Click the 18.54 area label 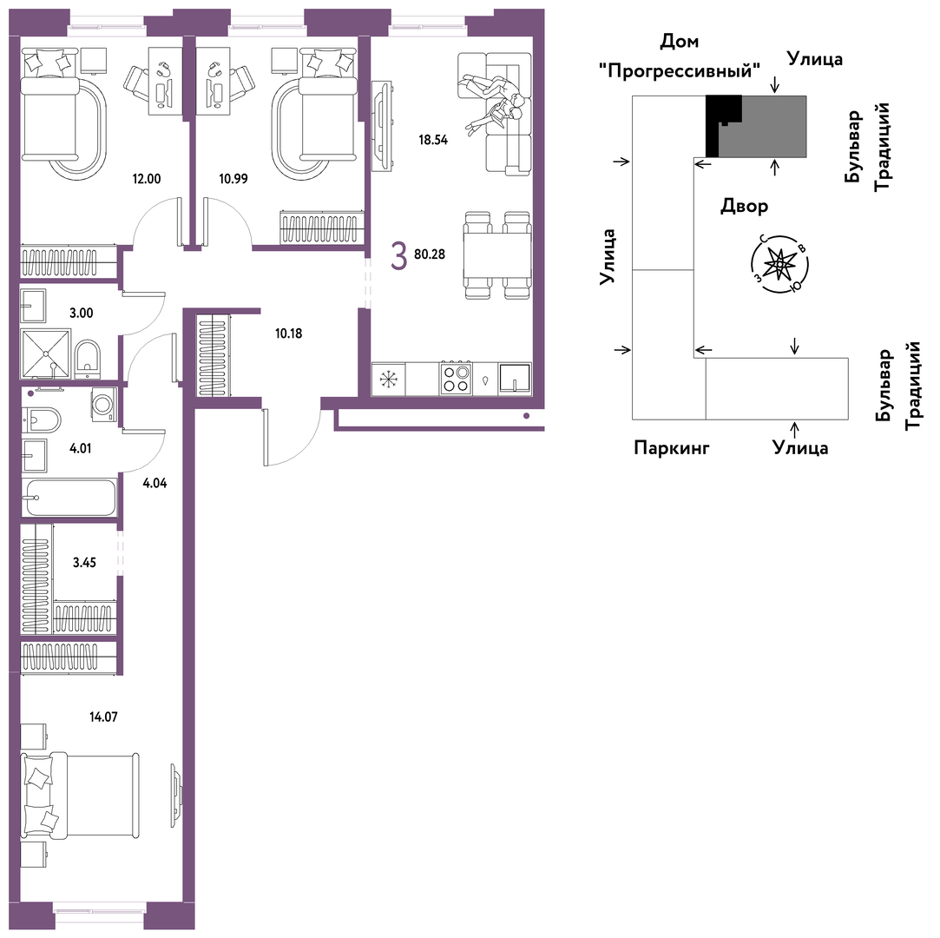coord(433,141)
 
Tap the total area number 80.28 coord(430,254)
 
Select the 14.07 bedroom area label coord(103,717)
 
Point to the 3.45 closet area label coord(84,563)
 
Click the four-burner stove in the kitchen coord(455,379)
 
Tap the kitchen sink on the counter coord(515,379)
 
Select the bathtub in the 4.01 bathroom coord(69,497)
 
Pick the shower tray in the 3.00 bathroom coord(46,353)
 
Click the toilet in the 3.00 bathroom coord(89,358)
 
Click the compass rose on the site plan coord(779,263)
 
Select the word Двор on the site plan coord(744,207)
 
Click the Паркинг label coord(672,447)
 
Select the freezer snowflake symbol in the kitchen coord(389,379)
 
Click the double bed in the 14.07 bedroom coord(81,796)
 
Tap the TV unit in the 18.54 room coord(382,125)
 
